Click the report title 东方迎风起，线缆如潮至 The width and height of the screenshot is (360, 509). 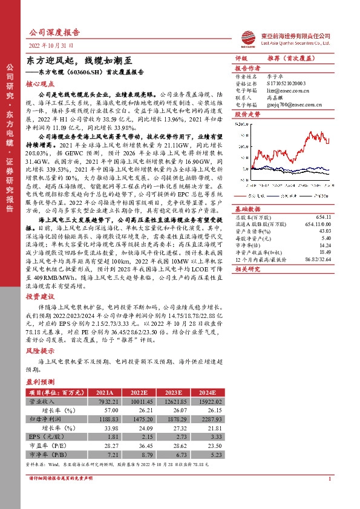(77, 61)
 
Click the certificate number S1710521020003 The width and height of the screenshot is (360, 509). (287, 82)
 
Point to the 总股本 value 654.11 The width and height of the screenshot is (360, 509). (323, 200)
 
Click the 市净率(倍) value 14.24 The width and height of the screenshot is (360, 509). (325, 227)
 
